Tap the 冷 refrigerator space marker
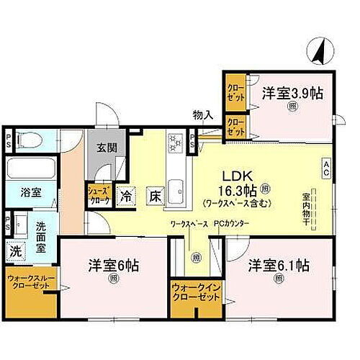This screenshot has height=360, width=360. click(x=127, y=196)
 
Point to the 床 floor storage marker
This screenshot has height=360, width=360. click(x=155, y=196)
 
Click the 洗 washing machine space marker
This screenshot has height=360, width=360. click(x=15, y=251)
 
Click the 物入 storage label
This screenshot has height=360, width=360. click(x=202, y=114)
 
